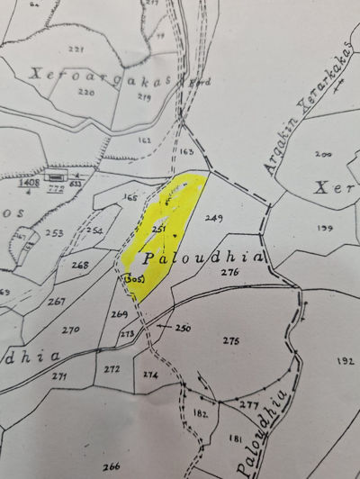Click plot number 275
coord(230,340)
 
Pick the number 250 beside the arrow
coord(184,328)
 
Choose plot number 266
coord(112,465)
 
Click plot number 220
coord(87,92)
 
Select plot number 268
coord(80,265)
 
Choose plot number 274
coord(149,374)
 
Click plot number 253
coord(55,232)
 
